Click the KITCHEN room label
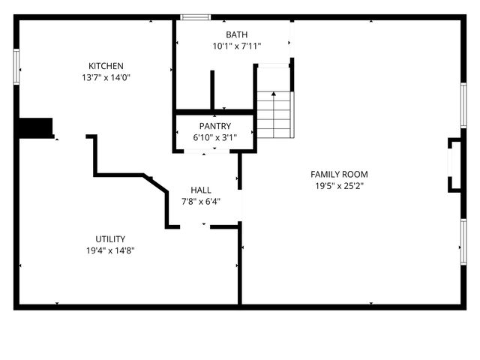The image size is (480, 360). coord(106,66)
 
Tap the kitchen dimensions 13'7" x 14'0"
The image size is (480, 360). coord(106,77)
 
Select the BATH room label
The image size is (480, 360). coord(236,34)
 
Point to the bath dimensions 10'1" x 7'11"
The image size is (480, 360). coord(236,46)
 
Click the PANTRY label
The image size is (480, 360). coord(215,126)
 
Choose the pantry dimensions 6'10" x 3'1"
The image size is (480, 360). coord(215,137)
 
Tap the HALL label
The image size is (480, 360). coord(201,190)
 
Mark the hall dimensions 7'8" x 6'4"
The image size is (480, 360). coord(201,201)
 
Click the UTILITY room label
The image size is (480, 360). coord(110,239)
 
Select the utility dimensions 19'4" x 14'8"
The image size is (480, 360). coord(110,250)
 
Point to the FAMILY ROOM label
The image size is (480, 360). coord(339,174)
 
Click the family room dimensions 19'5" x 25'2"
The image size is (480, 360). coord(339,185)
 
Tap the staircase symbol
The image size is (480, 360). coord(274,114)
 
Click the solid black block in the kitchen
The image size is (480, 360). coord(35,128)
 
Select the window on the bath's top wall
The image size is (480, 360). coord(195,16)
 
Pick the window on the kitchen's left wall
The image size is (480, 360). coord(16,65)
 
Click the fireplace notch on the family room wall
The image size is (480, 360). coord(454,164)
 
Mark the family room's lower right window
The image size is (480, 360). coord(463,245)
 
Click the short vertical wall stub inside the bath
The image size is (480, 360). coord(212,89)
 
